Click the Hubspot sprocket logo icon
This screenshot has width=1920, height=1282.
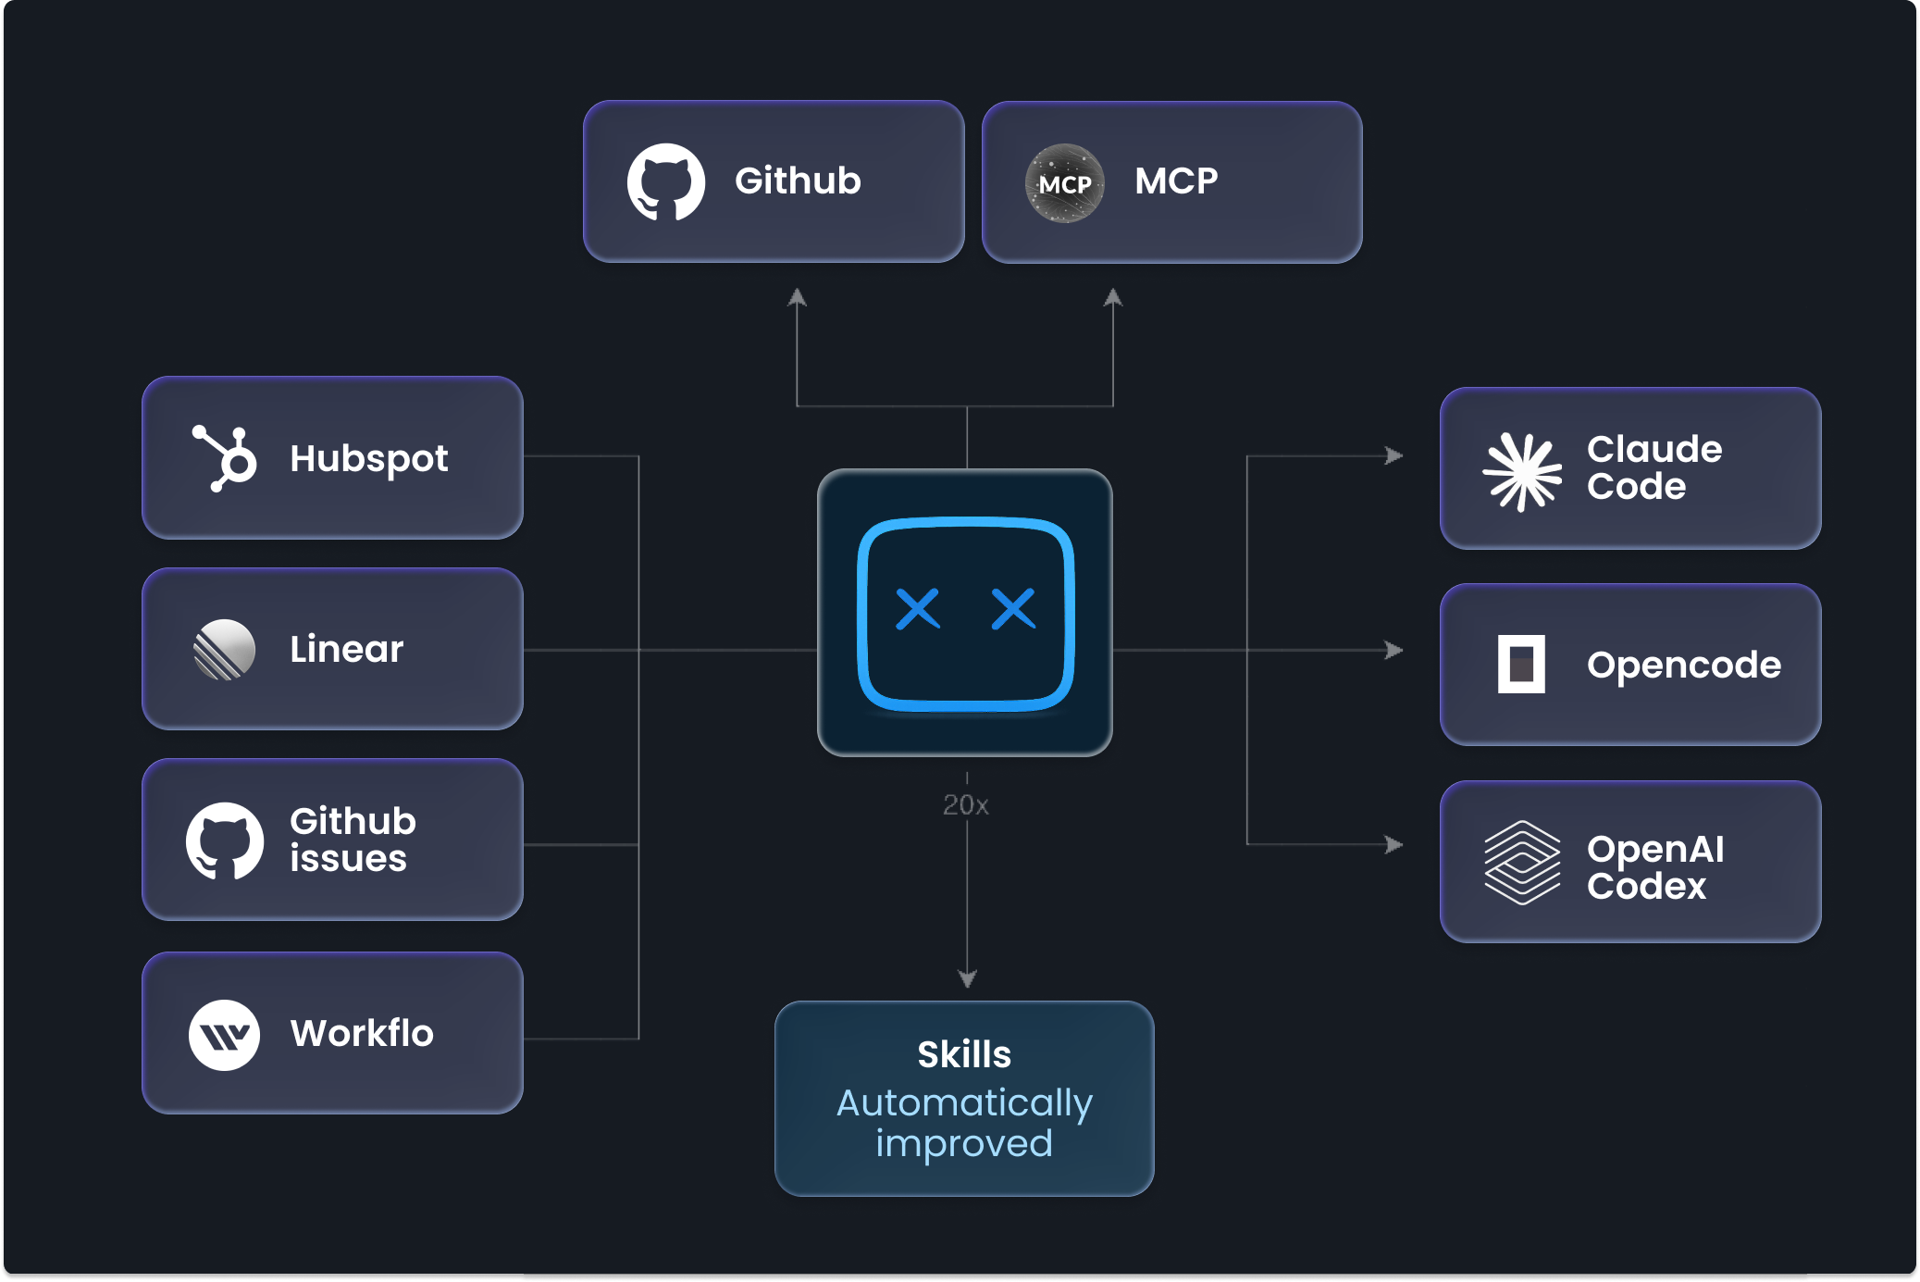pos(225,458)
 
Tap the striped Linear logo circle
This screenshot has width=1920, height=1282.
pos(224,650)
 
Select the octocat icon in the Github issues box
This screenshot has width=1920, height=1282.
pos(225,840)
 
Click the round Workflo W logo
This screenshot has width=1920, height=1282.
pos(224,1035)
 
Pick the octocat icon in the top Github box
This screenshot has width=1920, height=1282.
pos(666,181)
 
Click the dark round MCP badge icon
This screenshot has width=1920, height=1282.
pos(1065,183)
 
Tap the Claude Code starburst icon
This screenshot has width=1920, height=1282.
pos(1522,471)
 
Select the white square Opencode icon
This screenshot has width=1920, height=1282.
pos(1521,664)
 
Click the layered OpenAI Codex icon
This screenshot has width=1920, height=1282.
pos(1522,863)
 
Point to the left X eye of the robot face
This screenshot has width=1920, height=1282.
pos(918,609)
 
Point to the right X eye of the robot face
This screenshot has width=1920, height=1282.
pos(1013,609)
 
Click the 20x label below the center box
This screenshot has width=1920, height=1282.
pos(966,805)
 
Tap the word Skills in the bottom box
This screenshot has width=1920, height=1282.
pos(964,1054)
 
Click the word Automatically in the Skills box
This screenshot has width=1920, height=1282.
pos(964,1102)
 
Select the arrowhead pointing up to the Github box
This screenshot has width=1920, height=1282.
pos(797,298)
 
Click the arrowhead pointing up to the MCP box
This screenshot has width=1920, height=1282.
pos(1113,298)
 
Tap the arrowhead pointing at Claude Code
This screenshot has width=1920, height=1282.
pos(1394,455)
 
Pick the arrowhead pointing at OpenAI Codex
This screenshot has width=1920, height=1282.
pos(1394,844)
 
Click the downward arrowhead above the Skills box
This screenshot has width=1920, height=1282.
pos(967,978)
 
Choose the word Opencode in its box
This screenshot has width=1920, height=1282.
pos(1683,665)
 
